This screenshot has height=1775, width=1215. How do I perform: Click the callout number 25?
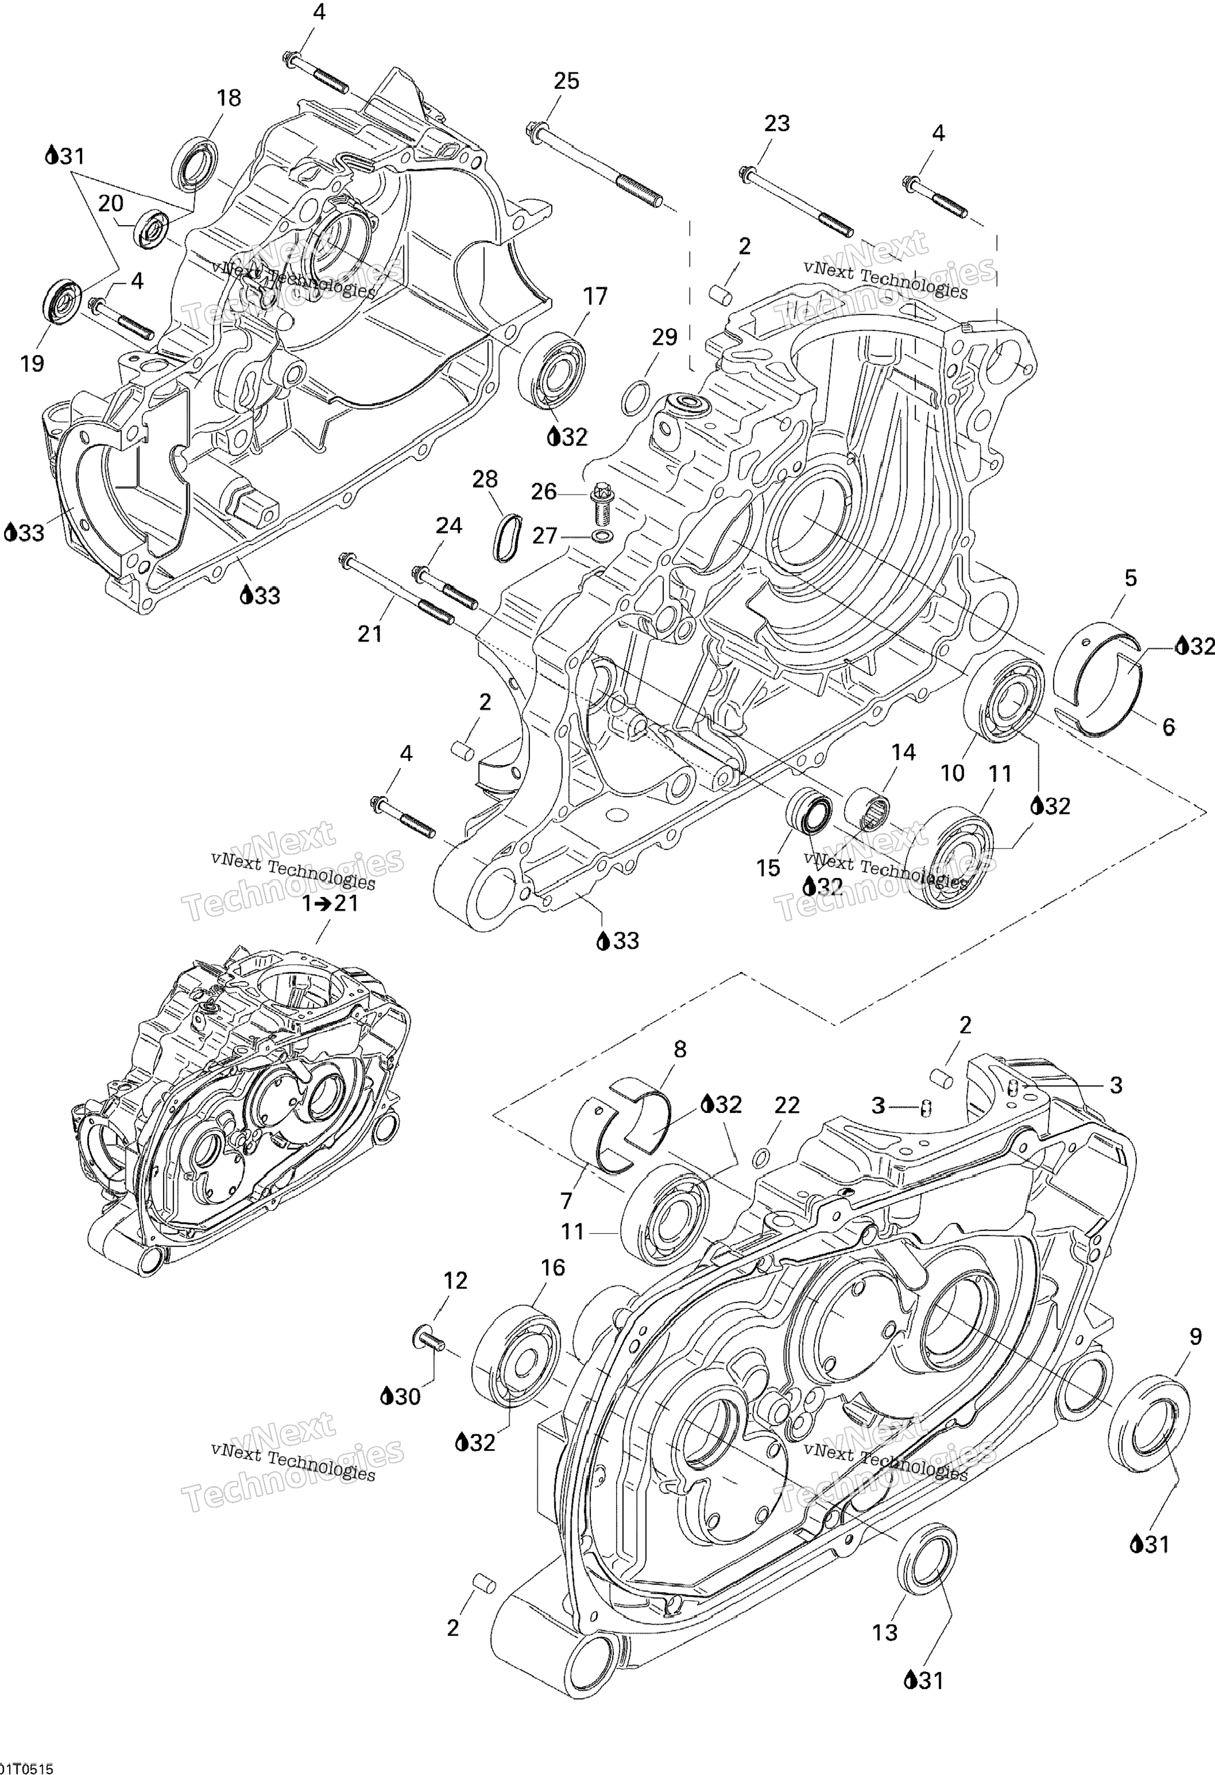pyautogui.click(x=566, y=81)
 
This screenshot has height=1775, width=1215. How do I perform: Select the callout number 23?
pyautogui.click(x=777, y=123)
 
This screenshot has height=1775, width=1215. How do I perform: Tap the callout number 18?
pyautogui.click(x=229, y=98)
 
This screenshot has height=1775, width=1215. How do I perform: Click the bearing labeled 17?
pyautogui.click(x=552, y=368)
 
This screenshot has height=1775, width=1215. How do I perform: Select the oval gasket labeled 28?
pyautogui.click(x=508, y=538)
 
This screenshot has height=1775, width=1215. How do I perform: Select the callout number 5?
pyautogui.click(x=1130, y=578)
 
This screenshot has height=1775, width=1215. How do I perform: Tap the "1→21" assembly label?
pyautogui.click(x=330, y=904)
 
